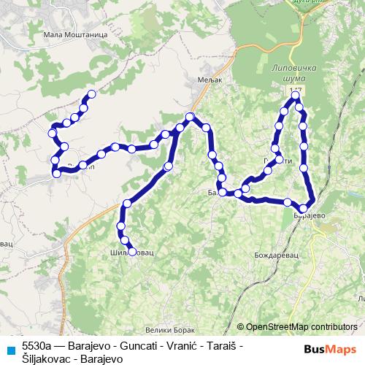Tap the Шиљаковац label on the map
click(132, 253)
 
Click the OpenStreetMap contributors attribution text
click(301, 326)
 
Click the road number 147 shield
click(295, 88)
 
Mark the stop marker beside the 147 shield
click(296, 96)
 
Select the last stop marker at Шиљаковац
click(132, 252)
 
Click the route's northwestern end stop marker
click(92, 93)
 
